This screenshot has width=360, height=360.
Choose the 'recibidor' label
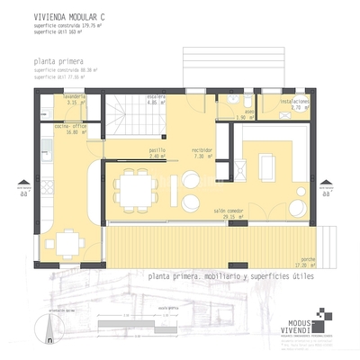pos(202,150)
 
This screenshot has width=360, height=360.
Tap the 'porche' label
pos(307,258)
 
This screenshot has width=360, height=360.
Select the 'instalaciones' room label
pos(294,101)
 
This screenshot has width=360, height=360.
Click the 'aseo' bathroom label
pos(249,112)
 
